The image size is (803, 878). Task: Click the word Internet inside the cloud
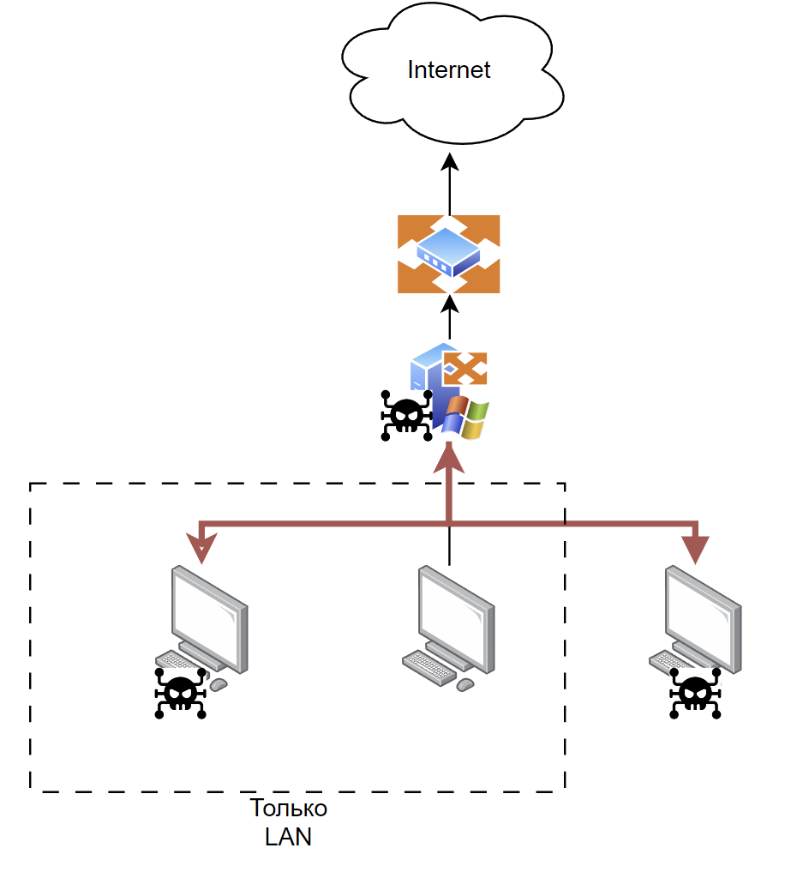click(x=448, y=70)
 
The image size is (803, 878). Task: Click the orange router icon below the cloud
click(x=448, y=254)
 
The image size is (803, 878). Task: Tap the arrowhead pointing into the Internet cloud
click(x=450, y=162)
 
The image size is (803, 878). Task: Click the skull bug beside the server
click(x=406, y=416)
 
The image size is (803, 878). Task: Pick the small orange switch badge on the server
click(x=465, y=369)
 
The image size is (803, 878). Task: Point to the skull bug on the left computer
click(x=180, y=693)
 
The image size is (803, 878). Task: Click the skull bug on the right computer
click(x=695, y=693)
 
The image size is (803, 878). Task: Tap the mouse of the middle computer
click(x=465, y=684)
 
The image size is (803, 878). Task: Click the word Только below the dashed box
click(x=288, y=809)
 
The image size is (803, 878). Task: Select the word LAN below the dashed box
click(x=288, y=837)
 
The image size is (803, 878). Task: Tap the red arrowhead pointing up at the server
click(x=449, y=458)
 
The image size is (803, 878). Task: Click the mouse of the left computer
click(x=219, y=684)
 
